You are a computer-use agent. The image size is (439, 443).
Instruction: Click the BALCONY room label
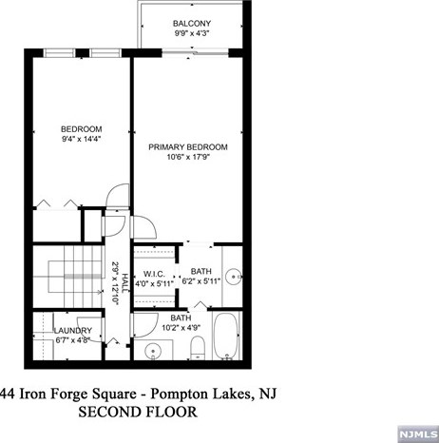tap(192, 24)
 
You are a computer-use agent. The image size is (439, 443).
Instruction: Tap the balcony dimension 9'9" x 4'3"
tap(192, 33)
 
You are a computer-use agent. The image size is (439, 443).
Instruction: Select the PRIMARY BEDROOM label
tap(188, 147)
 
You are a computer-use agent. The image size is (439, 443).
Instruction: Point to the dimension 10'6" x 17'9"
tap(188, 157)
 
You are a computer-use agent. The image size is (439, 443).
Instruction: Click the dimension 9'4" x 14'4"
tap(82, 139)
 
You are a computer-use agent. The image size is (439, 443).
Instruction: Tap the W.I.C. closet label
tap(154, 274)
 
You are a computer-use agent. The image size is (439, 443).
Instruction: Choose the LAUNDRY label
tap(73, 331)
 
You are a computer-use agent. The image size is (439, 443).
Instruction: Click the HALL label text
tap(125, 282)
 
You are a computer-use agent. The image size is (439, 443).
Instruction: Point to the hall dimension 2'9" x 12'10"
tap(115, 282)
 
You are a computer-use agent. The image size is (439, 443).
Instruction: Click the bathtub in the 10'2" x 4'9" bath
tap(226, 336)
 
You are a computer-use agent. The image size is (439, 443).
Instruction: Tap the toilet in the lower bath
tap(198, 348)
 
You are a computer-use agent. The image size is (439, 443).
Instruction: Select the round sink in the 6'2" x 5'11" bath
tap(235, 277)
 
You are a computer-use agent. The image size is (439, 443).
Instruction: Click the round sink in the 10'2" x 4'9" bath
tap(153, 351)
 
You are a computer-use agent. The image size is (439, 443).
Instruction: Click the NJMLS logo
tap(418, 433)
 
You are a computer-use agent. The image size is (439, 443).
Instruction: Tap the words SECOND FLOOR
tap(138, 412)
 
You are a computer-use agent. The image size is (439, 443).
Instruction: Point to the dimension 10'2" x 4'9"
tap(181, 328)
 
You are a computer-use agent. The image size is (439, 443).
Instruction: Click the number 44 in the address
tap(9, 394)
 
